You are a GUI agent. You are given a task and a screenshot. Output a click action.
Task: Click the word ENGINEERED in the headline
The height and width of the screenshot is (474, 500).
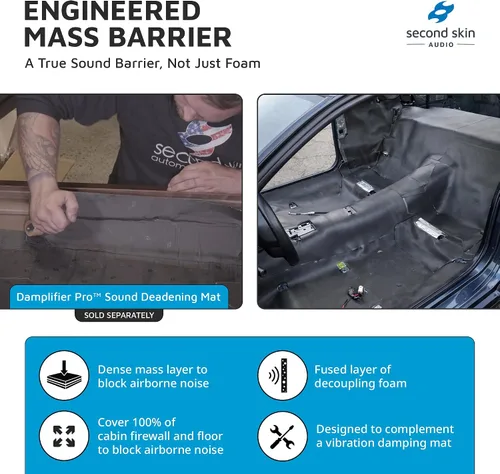[112, 11]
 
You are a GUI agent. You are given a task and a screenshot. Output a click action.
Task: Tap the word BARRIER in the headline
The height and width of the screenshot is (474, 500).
[170, 37]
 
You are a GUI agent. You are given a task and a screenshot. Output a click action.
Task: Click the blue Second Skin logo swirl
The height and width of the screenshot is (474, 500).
[441, 12]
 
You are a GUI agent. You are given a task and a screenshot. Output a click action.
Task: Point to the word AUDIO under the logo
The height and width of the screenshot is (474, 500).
[441, 45]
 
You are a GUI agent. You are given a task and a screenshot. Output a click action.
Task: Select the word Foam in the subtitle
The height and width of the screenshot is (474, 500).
[243, 63]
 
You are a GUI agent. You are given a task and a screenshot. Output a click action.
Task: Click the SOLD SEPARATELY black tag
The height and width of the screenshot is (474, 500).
[119, 315]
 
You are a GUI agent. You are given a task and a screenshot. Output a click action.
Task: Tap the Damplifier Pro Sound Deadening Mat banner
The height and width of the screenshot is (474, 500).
[119, 297]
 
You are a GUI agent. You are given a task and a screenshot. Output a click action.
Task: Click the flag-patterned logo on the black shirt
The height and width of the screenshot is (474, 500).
[205, 138]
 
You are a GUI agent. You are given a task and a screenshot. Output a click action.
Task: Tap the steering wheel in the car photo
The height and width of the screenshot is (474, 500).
[278, 230]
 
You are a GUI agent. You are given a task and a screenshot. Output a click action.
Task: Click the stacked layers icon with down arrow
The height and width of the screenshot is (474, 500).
[64, 375]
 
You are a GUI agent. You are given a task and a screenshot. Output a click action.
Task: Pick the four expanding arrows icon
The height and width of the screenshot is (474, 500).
[64, 436]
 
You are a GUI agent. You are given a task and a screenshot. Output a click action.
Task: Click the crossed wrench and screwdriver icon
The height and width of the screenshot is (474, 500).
[282, 436]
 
